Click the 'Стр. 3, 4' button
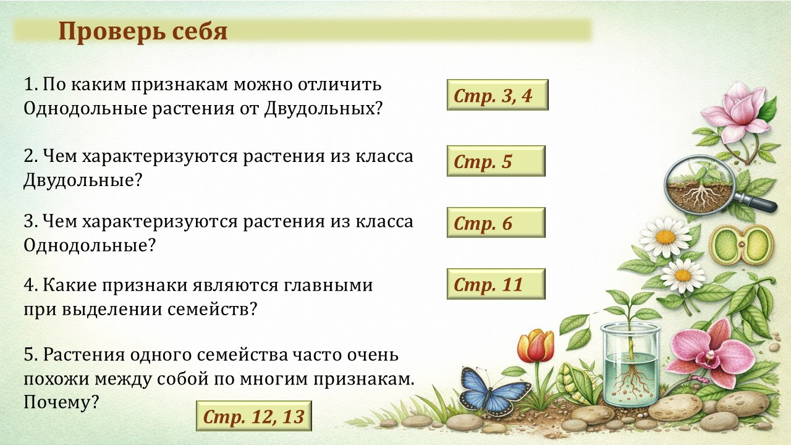pos(497,95)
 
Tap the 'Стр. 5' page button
pos(496,161)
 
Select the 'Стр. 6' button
pos(496,222)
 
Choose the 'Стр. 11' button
pos(496,284)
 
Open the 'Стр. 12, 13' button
pos(254,416)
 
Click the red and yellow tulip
pos(536,345)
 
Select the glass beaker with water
pos(630,365)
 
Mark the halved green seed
pos(742,245)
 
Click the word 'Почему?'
pos(61,402)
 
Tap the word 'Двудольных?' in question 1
pos(323,109)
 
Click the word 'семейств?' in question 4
pos(212,310)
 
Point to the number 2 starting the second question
pos(28,156)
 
